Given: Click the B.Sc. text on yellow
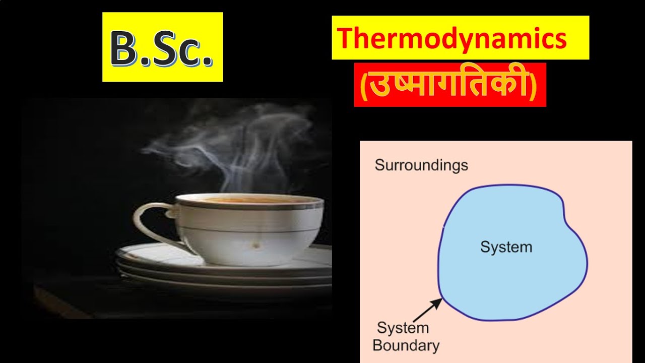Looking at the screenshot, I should tap(162, 48).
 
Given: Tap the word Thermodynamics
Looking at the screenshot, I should tap(452, 38).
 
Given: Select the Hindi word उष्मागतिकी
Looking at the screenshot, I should tap(450, 85).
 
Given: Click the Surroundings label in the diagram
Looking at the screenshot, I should tap(421, 165).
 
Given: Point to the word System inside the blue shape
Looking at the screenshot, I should tap(506, 247).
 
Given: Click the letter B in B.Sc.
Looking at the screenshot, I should tap(123, 49).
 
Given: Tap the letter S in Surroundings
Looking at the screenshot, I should tap(379, 165).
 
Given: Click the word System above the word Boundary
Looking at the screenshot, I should tap(403, 328).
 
